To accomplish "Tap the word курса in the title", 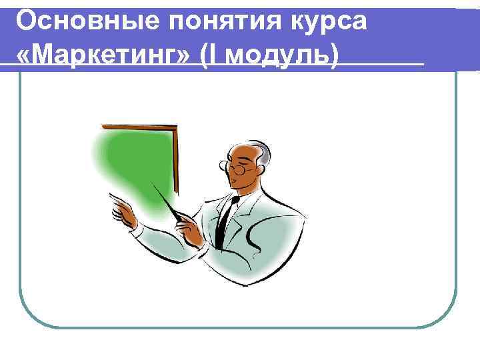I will click(331, 21).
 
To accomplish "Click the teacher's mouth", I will click(237, 185).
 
